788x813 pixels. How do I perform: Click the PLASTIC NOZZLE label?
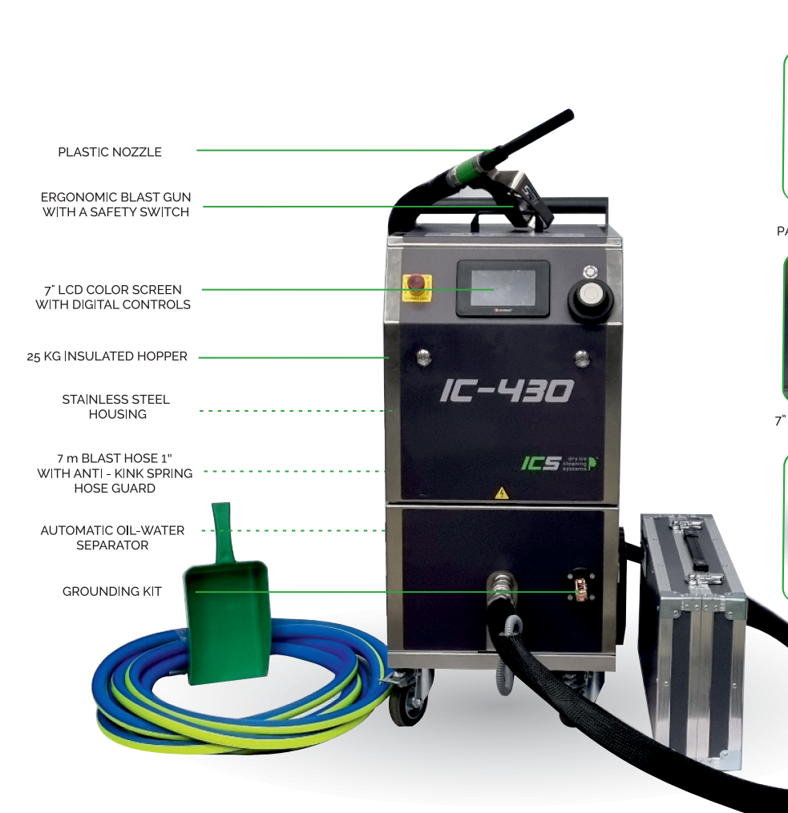pyautogui.click(x=110, y=152)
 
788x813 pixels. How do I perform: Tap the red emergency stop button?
pyautogui.click(x=417, y=283)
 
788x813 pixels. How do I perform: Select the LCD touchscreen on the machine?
pyautogui.click(x=503, y=288)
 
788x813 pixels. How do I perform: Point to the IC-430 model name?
pyautogui.click(x=507, y=391)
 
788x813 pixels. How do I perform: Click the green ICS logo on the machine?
pyautogui.click(x=560, y=463)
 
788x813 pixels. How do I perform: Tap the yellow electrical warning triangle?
pyautogui.click(x=501, y=493)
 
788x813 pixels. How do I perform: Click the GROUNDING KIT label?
pyautogui.click(x=112, y=592)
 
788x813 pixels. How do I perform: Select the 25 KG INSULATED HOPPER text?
pyautogui.click(x=107, y=356)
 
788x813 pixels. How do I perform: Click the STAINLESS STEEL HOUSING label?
pyautogui.click(x=116, y=407)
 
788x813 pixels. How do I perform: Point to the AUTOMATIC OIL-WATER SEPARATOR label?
pyautogui.click(x=112, y=537)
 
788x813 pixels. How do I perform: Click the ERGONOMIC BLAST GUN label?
pyautogui.click(x=115, y=204)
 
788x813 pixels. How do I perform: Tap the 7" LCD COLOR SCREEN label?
pyautogui.click(x=113, y=297)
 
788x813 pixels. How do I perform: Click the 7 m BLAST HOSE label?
pyautogui.click(x=115, y=473)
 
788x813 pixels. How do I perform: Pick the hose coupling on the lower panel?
pyautogui.click(x=502, y=584)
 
